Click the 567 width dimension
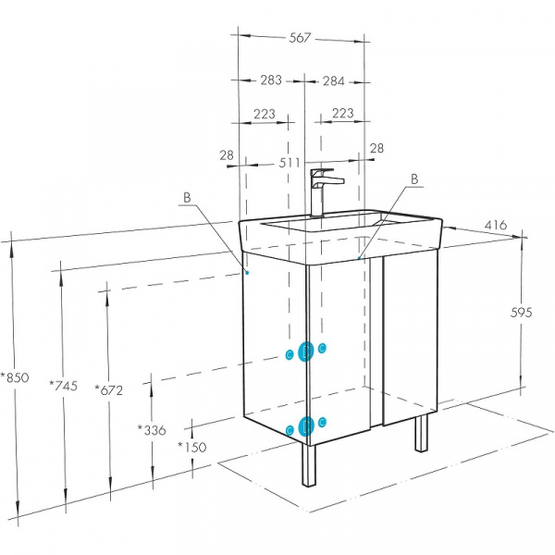click(300, 38)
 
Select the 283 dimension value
click(271, 80)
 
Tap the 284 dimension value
click(333, 81)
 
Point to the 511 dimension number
click(290, 163)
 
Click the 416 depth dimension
click(496, 225)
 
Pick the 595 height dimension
click(521, 313)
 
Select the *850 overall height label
click(15, 377)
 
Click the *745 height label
click(63, 385)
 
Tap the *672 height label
click(108, 389)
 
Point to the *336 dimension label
click(152, 430)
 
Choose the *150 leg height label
click(191, 447)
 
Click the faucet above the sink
click(323, 192)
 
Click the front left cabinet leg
click(309, 465)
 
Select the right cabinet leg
click(421, 433)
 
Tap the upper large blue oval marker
click(306, 351)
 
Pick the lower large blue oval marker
click(306, 426)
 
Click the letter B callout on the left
click(187, 198)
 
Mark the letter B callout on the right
click(414, 179)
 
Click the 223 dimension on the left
click(264, 114)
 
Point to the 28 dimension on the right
click(376, 148)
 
